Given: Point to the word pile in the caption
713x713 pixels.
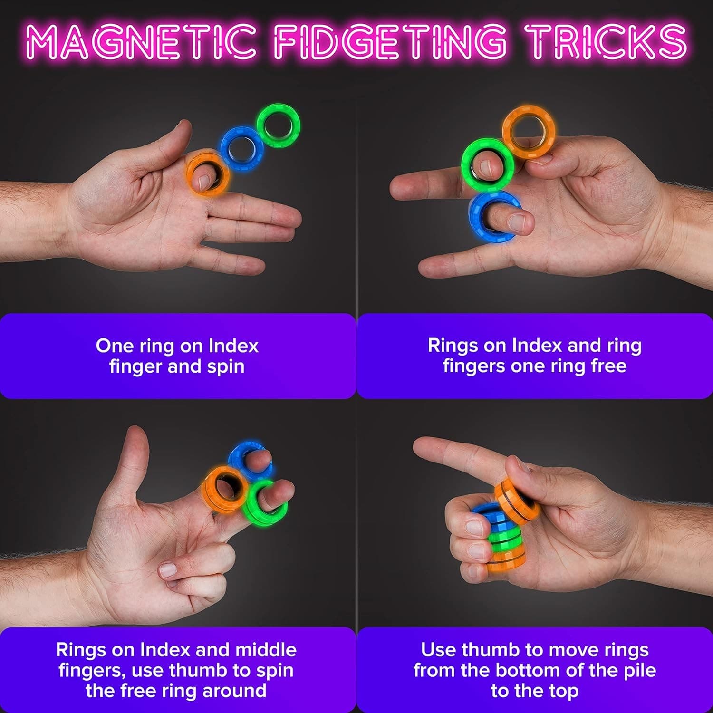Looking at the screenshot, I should pos(636,670).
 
